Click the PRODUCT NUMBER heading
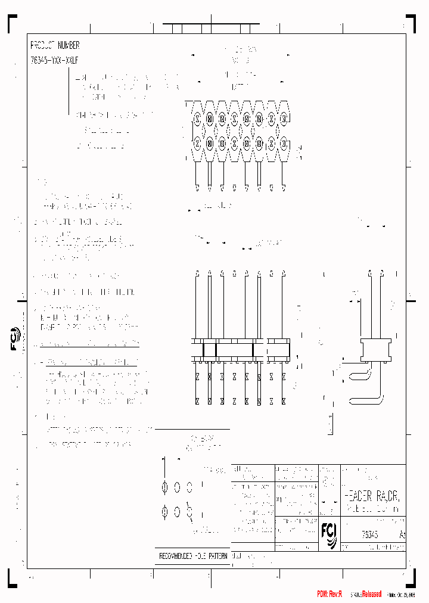point(55,45)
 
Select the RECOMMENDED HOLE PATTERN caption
point(192,556)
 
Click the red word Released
point(367,594)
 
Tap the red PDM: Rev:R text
point(329,594)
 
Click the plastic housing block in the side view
point(377,349)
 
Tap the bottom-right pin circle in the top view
point(284,144)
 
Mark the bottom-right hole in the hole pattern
point(189,511)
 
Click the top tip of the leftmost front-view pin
point(197,273)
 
